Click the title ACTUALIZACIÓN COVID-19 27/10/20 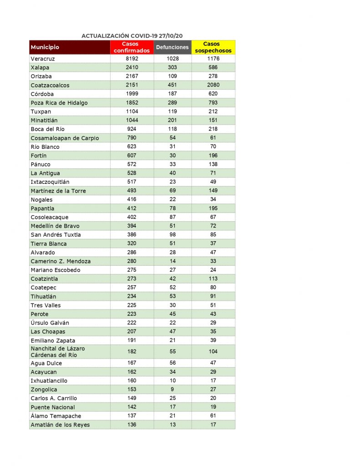pyautogui.click(x=132, y=36)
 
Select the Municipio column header pyautogui.click(x=45, y=47)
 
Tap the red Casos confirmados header pyautogui.click(x=132, y=47)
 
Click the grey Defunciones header pyautogui.click(x=172, y=47)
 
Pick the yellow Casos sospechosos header pyautogui.click(x=213, y=47)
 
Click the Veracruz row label pyautogui.click(x=43, y=59)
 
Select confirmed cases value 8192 pyautogui.click(x=132, y=59)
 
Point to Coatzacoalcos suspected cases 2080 pyautogui.click(x=213, y=85)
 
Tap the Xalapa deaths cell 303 pyautogui.click(x=172, y=67)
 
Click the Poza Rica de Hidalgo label pyautogui.click(x=59, y=103)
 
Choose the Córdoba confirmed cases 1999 pyautogui.click(x=132, y=94)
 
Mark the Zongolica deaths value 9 pyautogui.click(x=172, y=390)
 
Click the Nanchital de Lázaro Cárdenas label pyautogui.click(x=58, y=352)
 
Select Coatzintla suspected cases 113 pyautogui.click(x=213, y=279)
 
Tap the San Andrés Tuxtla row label pyautogui.click(x=56, y=235)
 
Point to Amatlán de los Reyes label pyautogui.click(x=60, y=425)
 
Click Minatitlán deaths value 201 pyautogui.click(x=172, y=120)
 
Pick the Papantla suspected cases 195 pyautogui.click(x=213, y=208)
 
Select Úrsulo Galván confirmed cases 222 pyautogui.click(x=132, y=323)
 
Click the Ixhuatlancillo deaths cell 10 pyautogui.click(x=172, y=381)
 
